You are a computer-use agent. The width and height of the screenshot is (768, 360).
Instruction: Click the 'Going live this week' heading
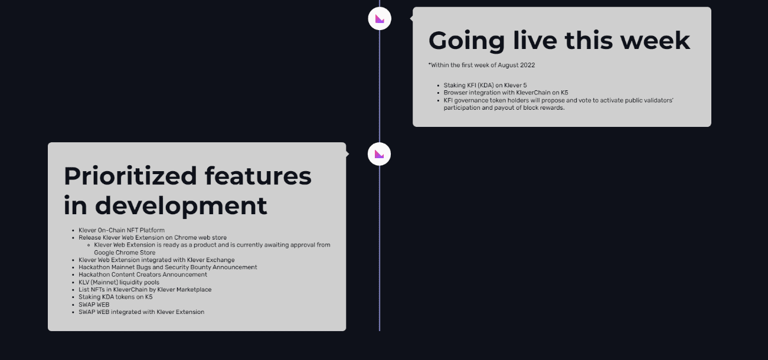coord(559,41)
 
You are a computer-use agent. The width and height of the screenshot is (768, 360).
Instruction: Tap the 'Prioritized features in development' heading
coord(188,191)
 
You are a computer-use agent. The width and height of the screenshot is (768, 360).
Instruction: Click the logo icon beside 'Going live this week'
coord(380,18)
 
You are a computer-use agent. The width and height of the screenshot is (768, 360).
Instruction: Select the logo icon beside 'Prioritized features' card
coord(379,154)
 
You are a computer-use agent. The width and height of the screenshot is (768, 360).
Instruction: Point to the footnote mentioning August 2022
coord(481,65)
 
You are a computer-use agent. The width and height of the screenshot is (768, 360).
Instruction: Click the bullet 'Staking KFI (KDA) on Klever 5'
coord(485,85)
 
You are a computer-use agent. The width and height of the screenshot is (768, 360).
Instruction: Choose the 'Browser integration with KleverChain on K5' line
coord(506,93)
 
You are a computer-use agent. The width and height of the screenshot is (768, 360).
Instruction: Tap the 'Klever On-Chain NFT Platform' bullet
coord(122,230)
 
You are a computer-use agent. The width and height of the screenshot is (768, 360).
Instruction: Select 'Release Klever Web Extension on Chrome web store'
coord(152,238)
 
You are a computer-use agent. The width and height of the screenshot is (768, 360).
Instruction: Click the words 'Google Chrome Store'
coord(125,253)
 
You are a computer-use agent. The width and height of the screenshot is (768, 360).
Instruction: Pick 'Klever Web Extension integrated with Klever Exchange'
coord(156,260)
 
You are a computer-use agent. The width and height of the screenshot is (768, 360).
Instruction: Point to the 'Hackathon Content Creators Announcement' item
coord(143,274)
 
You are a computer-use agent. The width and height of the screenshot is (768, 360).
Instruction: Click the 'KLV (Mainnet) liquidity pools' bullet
coord(119,282)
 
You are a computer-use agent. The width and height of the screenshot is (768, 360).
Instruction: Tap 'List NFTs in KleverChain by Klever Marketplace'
coord(145,290)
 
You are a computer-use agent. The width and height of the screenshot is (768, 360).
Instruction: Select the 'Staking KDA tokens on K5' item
coord(116,297)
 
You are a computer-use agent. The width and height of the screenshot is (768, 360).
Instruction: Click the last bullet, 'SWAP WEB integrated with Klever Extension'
coord(141,312)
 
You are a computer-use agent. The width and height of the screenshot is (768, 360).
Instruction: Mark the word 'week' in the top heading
coord(655,41)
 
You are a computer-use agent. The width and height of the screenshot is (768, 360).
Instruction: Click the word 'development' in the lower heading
coord(181,207)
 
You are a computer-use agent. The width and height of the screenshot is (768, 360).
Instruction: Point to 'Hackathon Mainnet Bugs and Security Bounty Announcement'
coord(168,267)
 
